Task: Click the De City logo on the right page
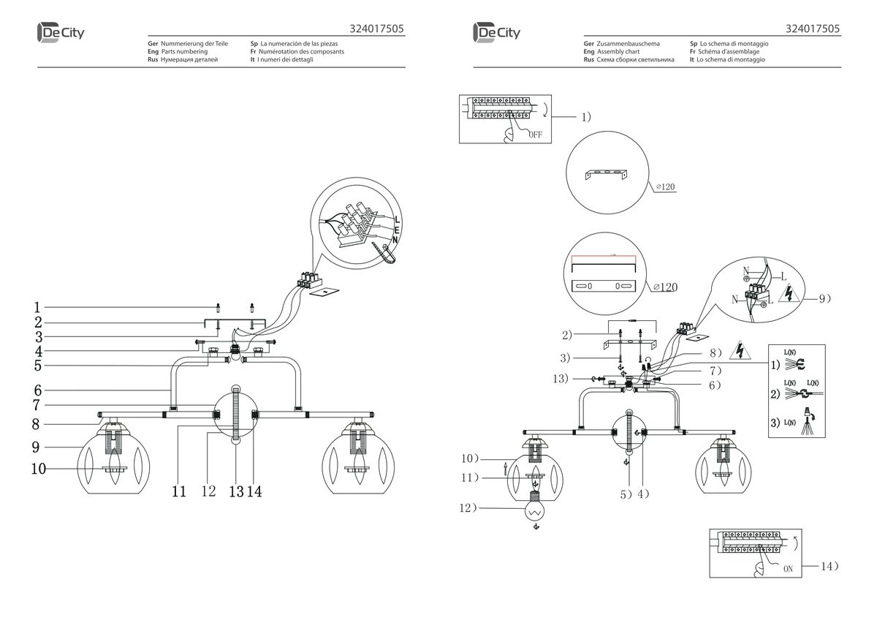pyautogui.click(x=497, y=32)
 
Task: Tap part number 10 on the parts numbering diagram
pyautogui.click(x=38, y=469)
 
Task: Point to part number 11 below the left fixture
pyautogui.click(x=179, y=491)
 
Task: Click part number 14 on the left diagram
pyautogui.click(x=254, y=491)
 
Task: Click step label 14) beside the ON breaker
pyautogui.click(x=829, y=566)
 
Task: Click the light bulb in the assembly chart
pyautogui.click(x=535, y=510)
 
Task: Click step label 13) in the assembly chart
pyautogui.click(x=561, y=379)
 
